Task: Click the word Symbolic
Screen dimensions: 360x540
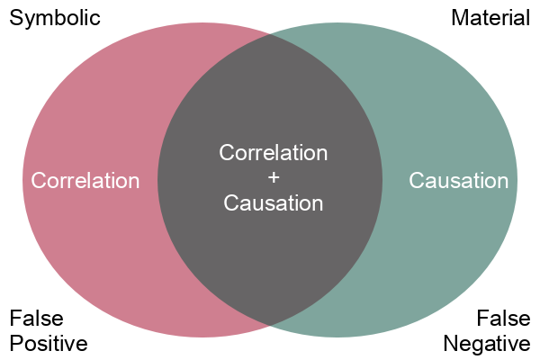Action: click(54, 18)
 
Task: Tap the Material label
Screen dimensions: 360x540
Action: click(490, 18)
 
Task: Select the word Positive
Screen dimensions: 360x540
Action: click(48, 344)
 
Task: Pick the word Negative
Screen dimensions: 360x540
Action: click(487, 344)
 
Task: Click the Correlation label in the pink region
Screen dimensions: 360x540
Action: click(85, 181)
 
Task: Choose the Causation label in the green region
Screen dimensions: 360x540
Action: click(459, 181)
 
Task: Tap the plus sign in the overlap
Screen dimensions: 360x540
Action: click(274, 177)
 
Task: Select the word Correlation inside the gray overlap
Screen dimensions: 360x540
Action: click(274, 152)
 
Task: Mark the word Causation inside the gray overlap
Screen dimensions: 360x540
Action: click(274, 203)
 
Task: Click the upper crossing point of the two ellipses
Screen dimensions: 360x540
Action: click(270, 36)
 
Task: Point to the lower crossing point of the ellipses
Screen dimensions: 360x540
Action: click(270, 325)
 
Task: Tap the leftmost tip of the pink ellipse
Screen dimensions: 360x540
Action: click(23, 180)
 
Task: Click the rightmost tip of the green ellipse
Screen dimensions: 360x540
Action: click(517, 180)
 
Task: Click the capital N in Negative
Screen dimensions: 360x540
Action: click(451, 344)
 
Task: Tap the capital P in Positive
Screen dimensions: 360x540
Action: click(15, 344)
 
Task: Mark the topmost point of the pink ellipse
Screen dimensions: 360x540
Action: click(202, 22)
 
